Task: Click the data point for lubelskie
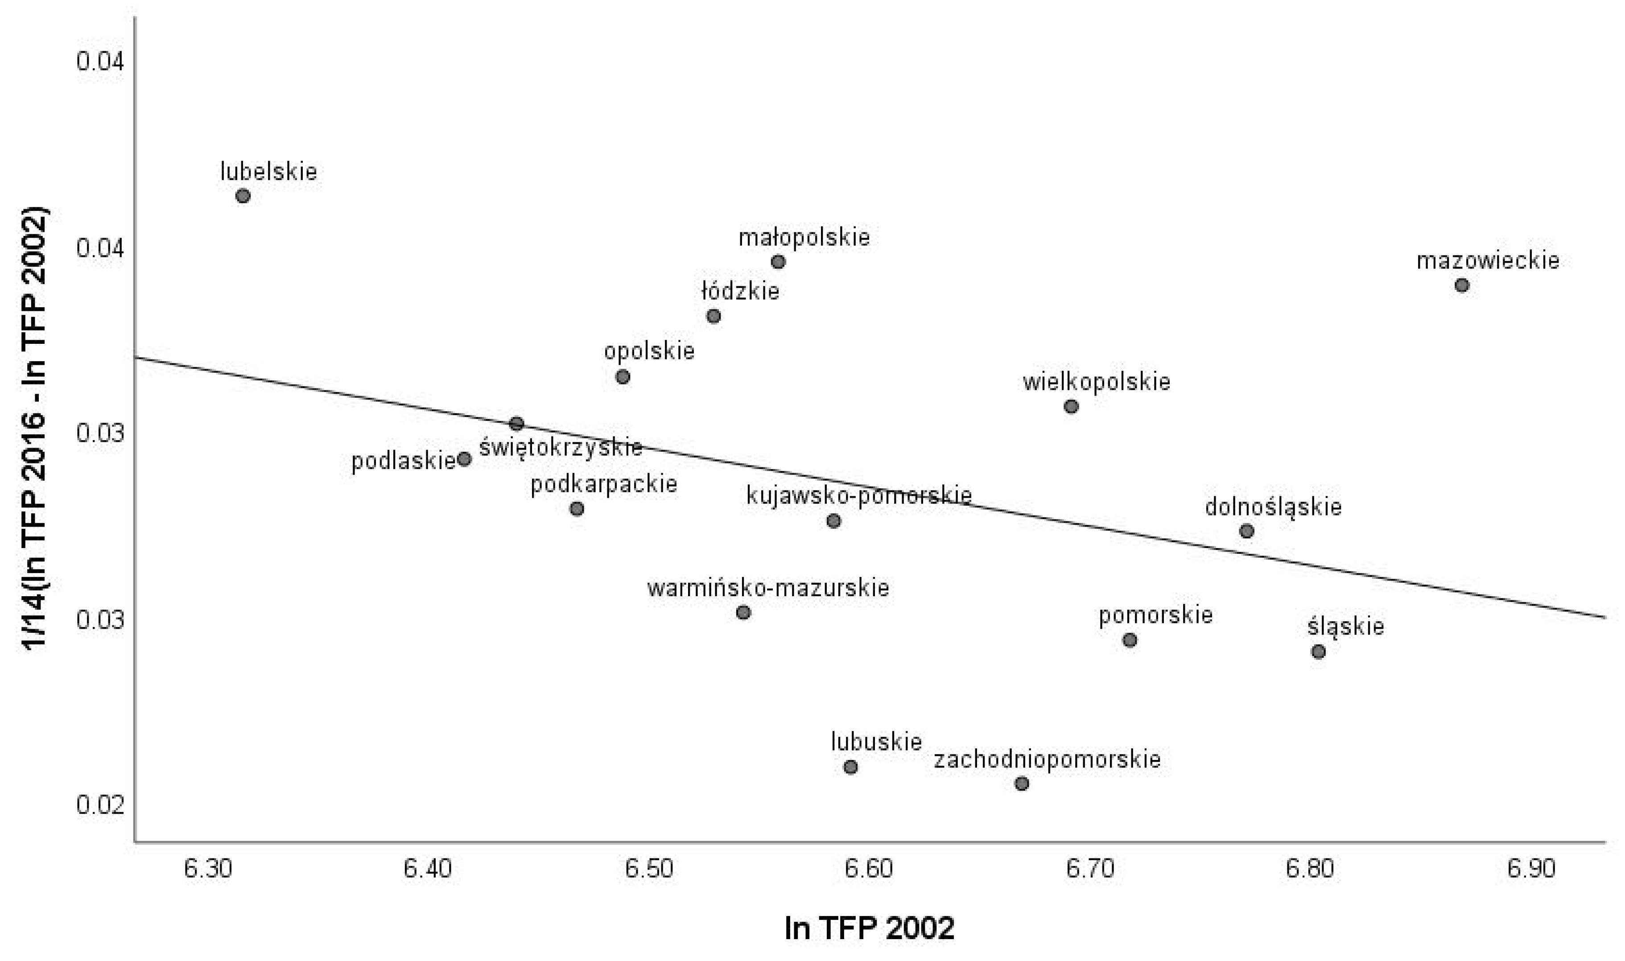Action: click(x=243, y=196)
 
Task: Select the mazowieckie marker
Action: click(x=1462, y=285)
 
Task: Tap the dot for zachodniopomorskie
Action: click(x=1022, y=784)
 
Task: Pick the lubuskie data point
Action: click(x=851, y=767)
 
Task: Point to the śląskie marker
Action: click(x=1318, y=652)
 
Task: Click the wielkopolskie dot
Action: click(x=1072, y=407)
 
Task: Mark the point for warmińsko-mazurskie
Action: click(x=743, y=612)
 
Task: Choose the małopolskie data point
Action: click(x=778, y=262)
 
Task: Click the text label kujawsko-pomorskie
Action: click(x=858, y=496)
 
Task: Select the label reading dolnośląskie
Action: click(x=1273, y=507)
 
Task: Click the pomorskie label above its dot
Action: click(x=1155, y=615)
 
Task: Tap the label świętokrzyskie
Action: click(x=561, y=447)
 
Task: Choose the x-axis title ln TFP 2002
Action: click(x=869, y=928)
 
